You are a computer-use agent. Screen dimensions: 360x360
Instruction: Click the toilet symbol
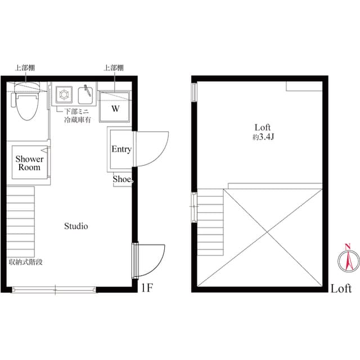[25, 104]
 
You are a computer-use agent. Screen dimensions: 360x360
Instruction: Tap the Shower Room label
[29, 163]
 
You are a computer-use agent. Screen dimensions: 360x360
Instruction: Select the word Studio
[76, 226]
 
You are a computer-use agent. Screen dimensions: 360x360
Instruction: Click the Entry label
[121, 149]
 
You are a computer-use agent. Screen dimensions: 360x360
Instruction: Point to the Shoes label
[123, 179]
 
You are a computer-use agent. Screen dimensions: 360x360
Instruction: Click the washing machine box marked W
[115, 108]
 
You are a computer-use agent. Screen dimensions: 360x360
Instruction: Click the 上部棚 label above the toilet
[24, 67]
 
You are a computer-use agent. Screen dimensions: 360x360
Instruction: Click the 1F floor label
[147, 289]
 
